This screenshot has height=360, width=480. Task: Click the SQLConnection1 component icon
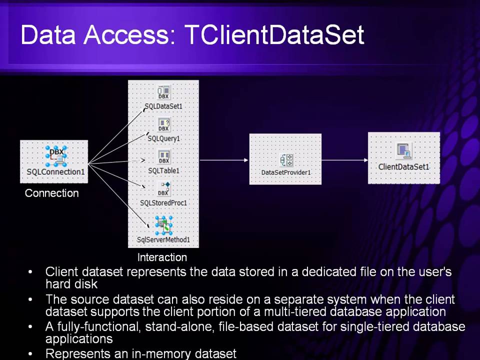pyautogui.click(x=55, y=156)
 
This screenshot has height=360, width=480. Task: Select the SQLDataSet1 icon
pyautogui.click(x=163, y=92)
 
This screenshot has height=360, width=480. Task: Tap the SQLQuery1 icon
pyautogui.click(x=163, y=125)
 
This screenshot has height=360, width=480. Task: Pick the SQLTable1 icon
pyautogui.click(x=163, y=157)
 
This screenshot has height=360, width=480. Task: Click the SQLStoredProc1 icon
pyautogui.click(x=163, y=189)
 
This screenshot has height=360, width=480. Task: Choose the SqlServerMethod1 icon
pyautogui.click(x=163, y=225)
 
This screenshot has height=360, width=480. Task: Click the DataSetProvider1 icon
pyautogui.click(x=286, y=160)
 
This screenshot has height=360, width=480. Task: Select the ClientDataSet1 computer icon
pyautogui.click(x=403, y=151)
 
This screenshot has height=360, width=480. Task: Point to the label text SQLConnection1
pyautogui.click(x=55, y=172)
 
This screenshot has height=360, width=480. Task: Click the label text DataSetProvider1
pyautogui.click(x=286, y=172)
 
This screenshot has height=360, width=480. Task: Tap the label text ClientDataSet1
pyautogui.click(x=404, y=166)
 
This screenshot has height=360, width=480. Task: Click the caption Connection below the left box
pyautogui.click(x=52, y=193)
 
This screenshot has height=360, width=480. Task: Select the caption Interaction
pyautogui.click(x=162, y=257)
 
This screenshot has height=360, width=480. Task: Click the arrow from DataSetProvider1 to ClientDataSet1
pyautogui.click(x=345, y=160)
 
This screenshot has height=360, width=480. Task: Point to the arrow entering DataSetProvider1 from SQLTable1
pyautogui.click(x=225, y=160)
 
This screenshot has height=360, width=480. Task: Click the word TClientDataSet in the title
pyautogui.click(x=274, y=35)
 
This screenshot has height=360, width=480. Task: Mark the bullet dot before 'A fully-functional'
pyautogui.click(x=31, y=327)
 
